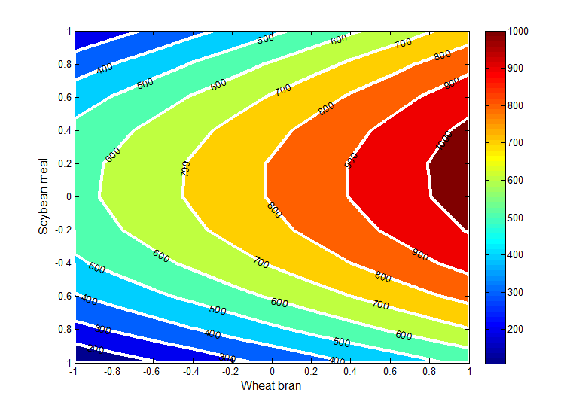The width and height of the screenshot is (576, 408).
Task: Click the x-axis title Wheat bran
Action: tap(271, 386)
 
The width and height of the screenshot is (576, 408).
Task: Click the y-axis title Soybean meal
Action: tap(44, 196)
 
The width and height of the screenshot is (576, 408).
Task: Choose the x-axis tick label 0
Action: tap(272, 371)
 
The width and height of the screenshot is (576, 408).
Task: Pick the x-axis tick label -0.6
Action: tap(151, 371)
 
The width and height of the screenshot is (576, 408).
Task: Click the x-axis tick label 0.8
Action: tap(430, 371)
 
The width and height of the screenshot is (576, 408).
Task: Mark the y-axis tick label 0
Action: tap(66, 196)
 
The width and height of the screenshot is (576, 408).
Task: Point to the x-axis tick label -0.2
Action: tap(230, 371)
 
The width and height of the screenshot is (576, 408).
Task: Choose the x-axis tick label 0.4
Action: tap(351, 371)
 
